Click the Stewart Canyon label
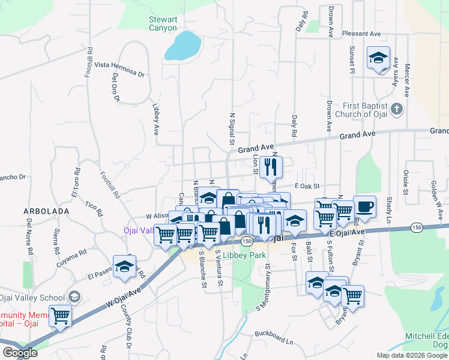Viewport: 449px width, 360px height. [x=163, y=23]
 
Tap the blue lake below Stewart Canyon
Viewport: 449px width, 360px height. [x=182, y=46]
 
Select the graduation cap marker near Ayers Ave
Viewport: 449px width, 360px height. [x=378, y=58]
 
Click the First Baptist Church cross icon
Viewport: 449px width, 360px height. [x=396, y=109]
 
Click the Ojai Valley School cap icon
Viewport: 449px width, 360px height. [x=74, y=297]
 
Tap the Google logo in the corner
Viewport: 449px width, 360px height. [x=19, y=352]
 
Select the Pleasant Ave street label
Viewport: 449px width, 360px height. [x=362, y=34]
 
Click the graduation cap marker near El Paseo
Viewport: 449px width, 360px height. [x=124, y=267]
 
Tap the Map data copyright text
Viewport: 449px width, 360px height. [x=411, y=355]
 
